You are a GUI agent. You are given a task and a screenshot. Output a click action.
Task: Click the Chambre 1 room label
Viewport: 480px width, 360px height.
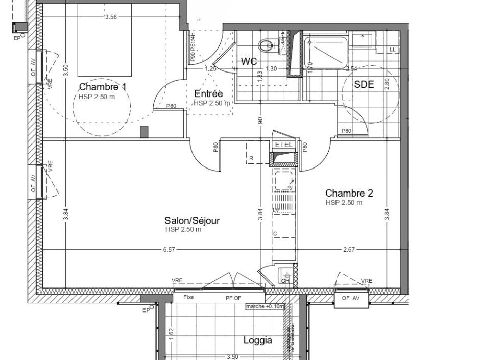tap(102, 87)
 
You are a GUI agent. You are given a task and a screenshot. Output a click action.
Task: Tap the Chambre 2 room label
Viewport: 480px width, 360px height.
tap(349, 193)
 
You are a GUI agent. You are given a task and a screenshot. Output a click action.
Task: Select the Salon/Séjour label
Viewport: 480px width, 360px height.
tap(192, 220)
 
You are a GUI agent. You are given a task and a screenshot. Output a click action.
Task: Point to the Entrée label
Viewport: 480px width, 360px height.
tap(208, 93)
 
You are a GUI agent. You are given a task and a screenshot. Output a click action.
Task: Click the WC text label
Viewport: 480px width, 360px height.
tap(249, 62)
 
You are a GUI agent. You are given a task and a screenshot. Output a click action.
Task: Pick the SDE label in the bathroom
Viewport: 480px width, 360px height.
tap(364, 85)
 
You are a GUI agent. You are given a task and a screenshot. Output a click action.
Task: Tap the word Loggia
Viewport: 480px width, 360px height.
tap(257, 340)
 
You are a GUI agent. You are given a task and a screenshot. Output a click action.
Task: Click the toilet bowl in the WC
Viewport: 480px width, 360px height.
tap(266, 46)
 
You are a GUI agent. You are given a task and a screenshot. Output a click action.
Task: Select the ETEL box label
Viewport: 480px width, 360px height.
tap(284, 145)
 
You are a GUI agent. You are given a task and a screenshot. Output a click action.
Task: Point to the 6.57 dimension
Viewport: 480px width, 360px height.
tap(169, 249)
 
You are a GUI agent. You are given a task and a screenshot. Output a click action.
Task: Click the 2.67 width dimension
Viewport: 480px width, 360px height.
tap(348, 249)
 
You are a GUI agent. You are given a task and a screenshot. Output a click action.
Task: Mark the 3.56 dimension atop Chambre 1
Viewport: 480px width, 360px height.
tap(111, 17)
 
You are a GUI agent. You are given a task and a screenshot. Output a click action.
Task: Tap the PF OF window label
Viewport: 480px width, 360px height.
tap(233, 298)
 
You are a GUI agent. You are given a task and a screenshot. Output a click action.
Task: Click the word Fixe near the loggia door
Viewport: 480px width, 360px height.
tap(188, 297)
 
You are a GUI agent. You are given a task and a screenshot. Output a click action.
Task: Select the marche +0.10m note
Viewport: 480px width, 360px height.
tap(265, 306)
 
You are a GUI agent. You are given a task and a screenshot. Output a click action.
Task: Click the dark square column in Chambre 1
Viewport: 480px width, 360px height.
tap(144, 132)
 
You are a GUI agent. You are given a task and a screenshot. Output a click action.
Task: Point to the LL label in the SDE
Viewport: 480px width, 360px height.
tap(392, 50)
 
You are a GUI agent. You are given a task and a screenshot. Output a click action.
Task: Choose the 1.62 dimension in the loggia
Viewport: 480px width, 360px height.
tap(172, 333)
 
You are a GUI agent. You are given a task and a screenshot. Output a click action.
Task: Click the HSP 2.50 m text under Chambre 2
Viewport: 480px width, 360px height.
tap(344, 203)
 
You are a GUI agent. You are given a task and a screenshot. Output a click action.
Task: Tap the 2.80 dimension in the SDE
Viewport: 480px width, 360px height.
tap(387, 84)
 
